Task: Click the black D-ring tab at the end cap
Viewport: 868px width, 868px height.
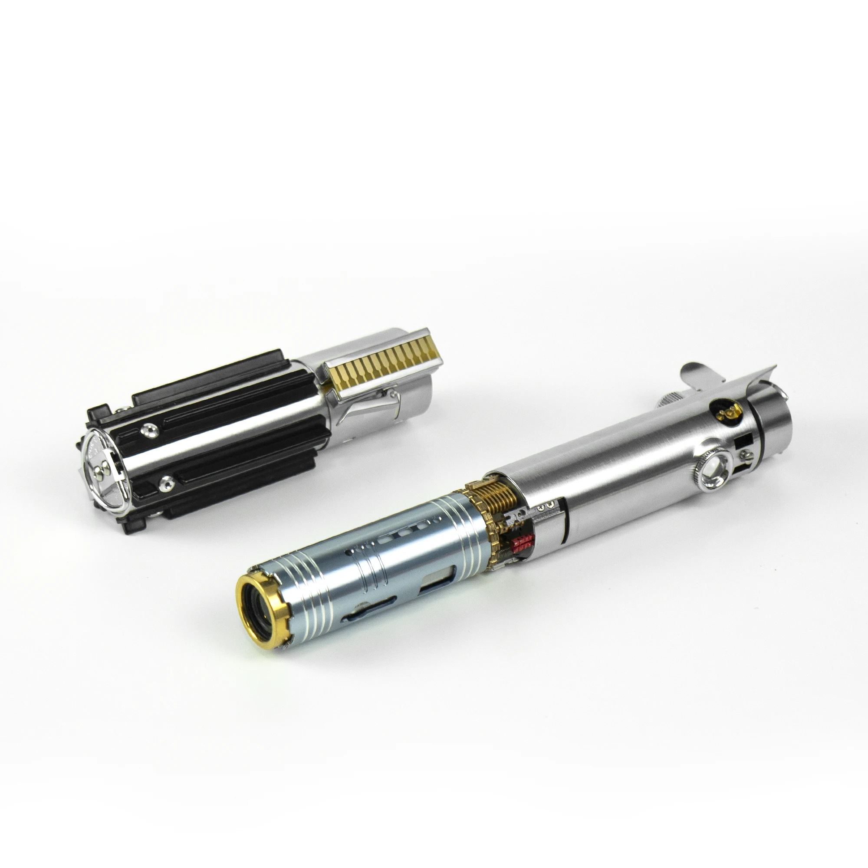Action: tap(100, 411)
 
